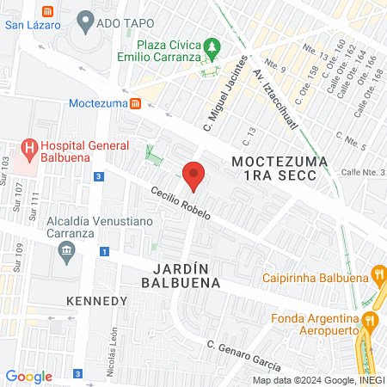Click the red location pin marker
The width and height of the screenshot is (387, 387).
194,175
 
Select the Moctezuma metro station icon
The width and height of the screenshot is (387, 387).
135,104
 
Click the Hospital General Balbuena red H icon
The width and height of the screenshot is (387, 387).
31,148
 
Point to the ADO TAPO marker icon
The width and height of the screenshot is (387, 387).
85,19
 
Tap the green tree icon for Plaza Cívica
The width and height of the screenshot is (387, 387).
210,47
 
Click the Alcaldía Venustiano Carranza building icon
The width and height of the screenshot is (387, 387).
65,251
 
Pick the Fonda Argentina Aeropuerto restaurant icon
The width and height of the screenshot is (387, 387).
370,320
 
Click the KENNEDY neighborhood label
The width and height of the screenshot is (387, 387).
97,301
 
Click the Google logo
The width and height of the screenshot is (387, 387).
29,376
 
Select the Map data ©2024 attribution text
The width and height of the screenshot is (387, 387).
317,380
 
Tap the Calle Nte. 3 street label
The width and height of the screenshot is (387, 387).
361,173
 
